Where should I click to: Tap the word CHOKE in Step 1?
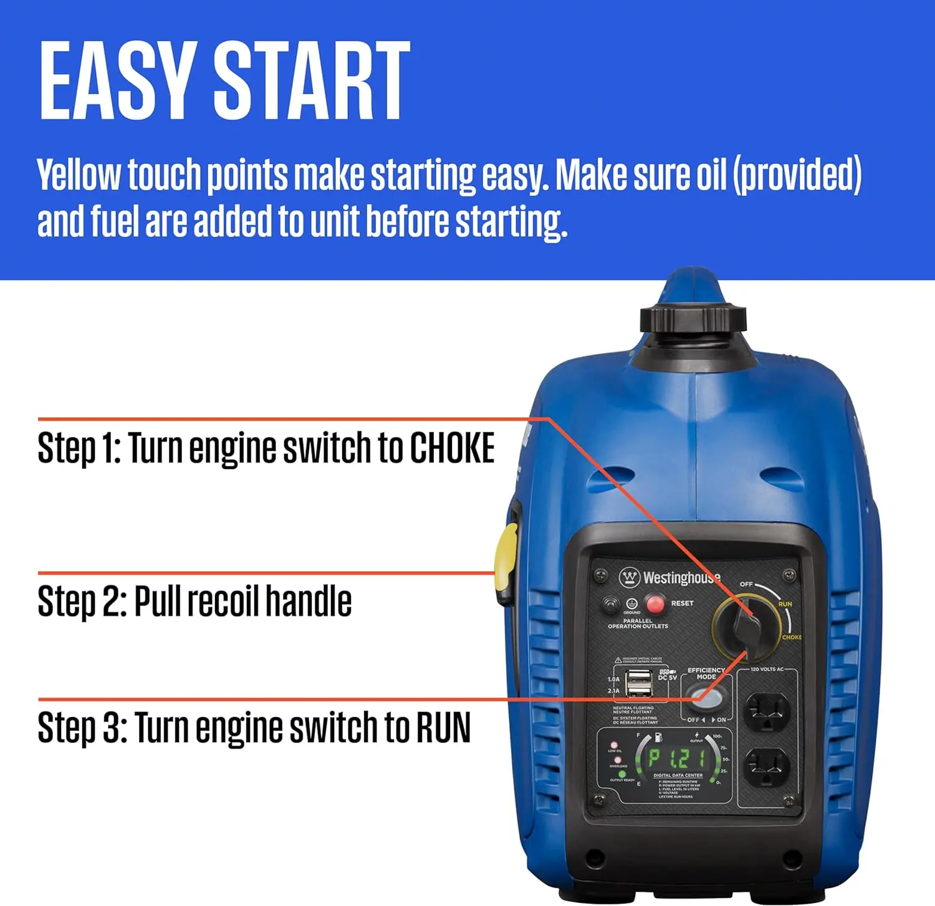(451, 448)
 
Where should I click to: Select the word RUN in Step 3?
(443, 727)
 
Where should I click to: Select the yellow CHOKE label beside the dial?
(791, 637)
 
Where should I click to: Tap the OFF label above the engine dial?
(746, 584)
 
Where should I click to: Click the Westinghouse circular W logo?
(630, 577)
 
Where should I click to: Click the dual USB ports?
(639, 683)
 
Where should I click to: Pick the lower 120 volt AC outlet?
(767, 767)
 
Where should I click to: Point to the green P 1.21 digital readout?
(677, 758)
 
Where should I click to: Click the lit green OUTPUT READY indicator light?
(621, 774)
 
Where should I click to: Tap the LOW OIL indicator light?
(614, 745)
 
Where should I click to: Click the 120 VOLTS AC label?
(767, 669)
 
